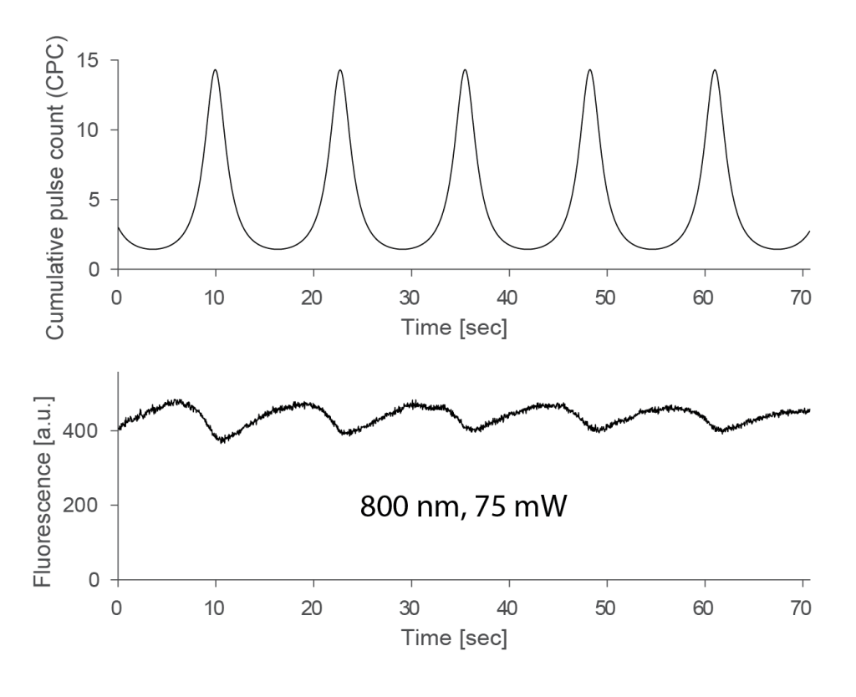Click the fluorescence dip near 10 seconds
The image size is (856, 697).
221,440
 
